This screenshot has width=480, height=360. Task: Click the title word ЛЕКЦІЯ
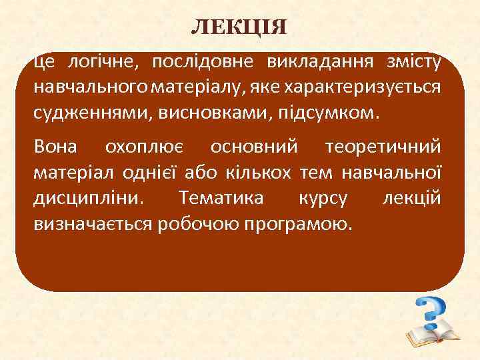click(239, 27)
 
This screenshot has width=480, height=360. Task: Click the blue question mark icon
click(430, 311)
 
